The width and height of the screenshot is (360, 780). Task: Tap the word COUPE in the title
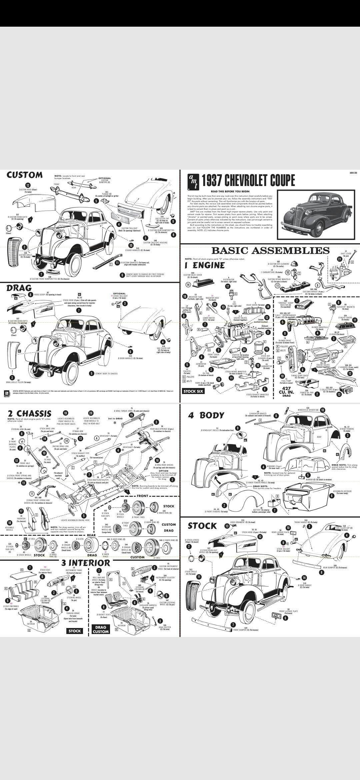click(279, 181)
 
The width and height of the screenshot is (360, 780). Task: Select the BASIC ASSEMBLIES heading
click(270, 250)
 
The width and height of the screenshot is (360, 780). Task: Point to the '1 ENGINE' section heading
click(204, 265)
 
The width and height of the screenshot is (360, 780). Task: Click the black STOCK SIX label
click(193, 391)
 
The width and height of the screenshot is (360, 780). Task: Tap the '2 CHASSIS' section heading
click(29, 414)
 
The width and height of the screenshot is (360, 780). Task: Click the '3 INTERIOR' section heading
click(85, 563)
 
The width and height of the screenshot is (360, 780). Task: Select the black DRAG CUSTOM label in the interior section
click(100, 629)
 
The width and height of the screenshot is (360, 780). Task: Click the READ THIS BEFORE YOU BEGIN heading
click(230, 191)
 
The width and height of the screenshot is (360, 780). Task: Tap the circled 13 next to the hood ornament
click(227, 526)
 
